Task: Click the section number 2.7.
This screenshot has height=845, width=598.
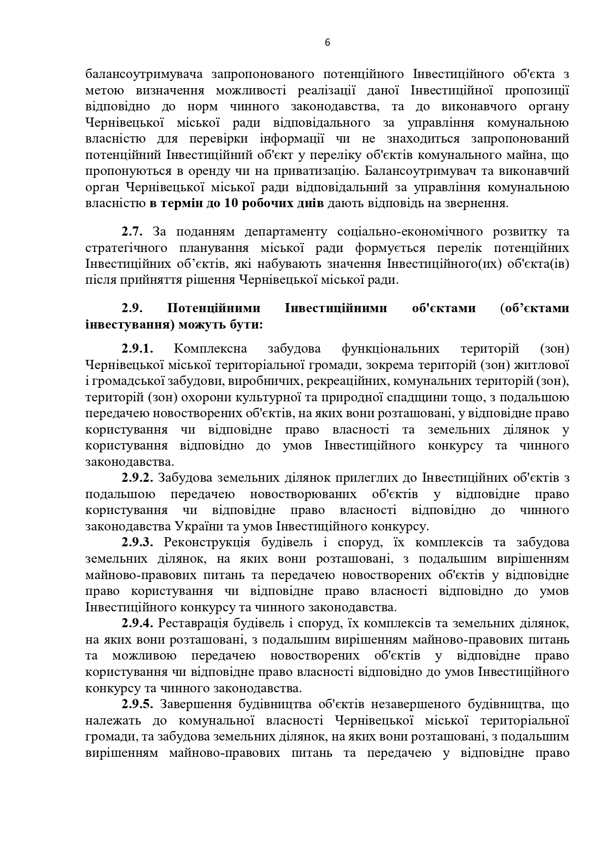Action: tap(132, 232)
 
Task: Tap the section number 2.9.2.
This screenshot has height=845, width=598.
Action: tap(137, 478)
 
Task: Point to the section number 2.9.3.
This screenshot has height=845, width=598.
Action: tap(137, 542)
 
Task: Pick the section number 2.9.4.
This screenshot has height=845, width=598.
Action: tap(137, 623)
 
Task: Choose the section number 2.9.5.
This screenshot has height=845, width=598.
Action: tap(137, 704)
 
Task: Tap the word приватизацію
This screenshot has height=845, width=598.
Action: tap(319, 171)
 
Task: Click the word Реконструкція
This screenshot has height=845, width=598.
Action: tap(207, 542)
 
